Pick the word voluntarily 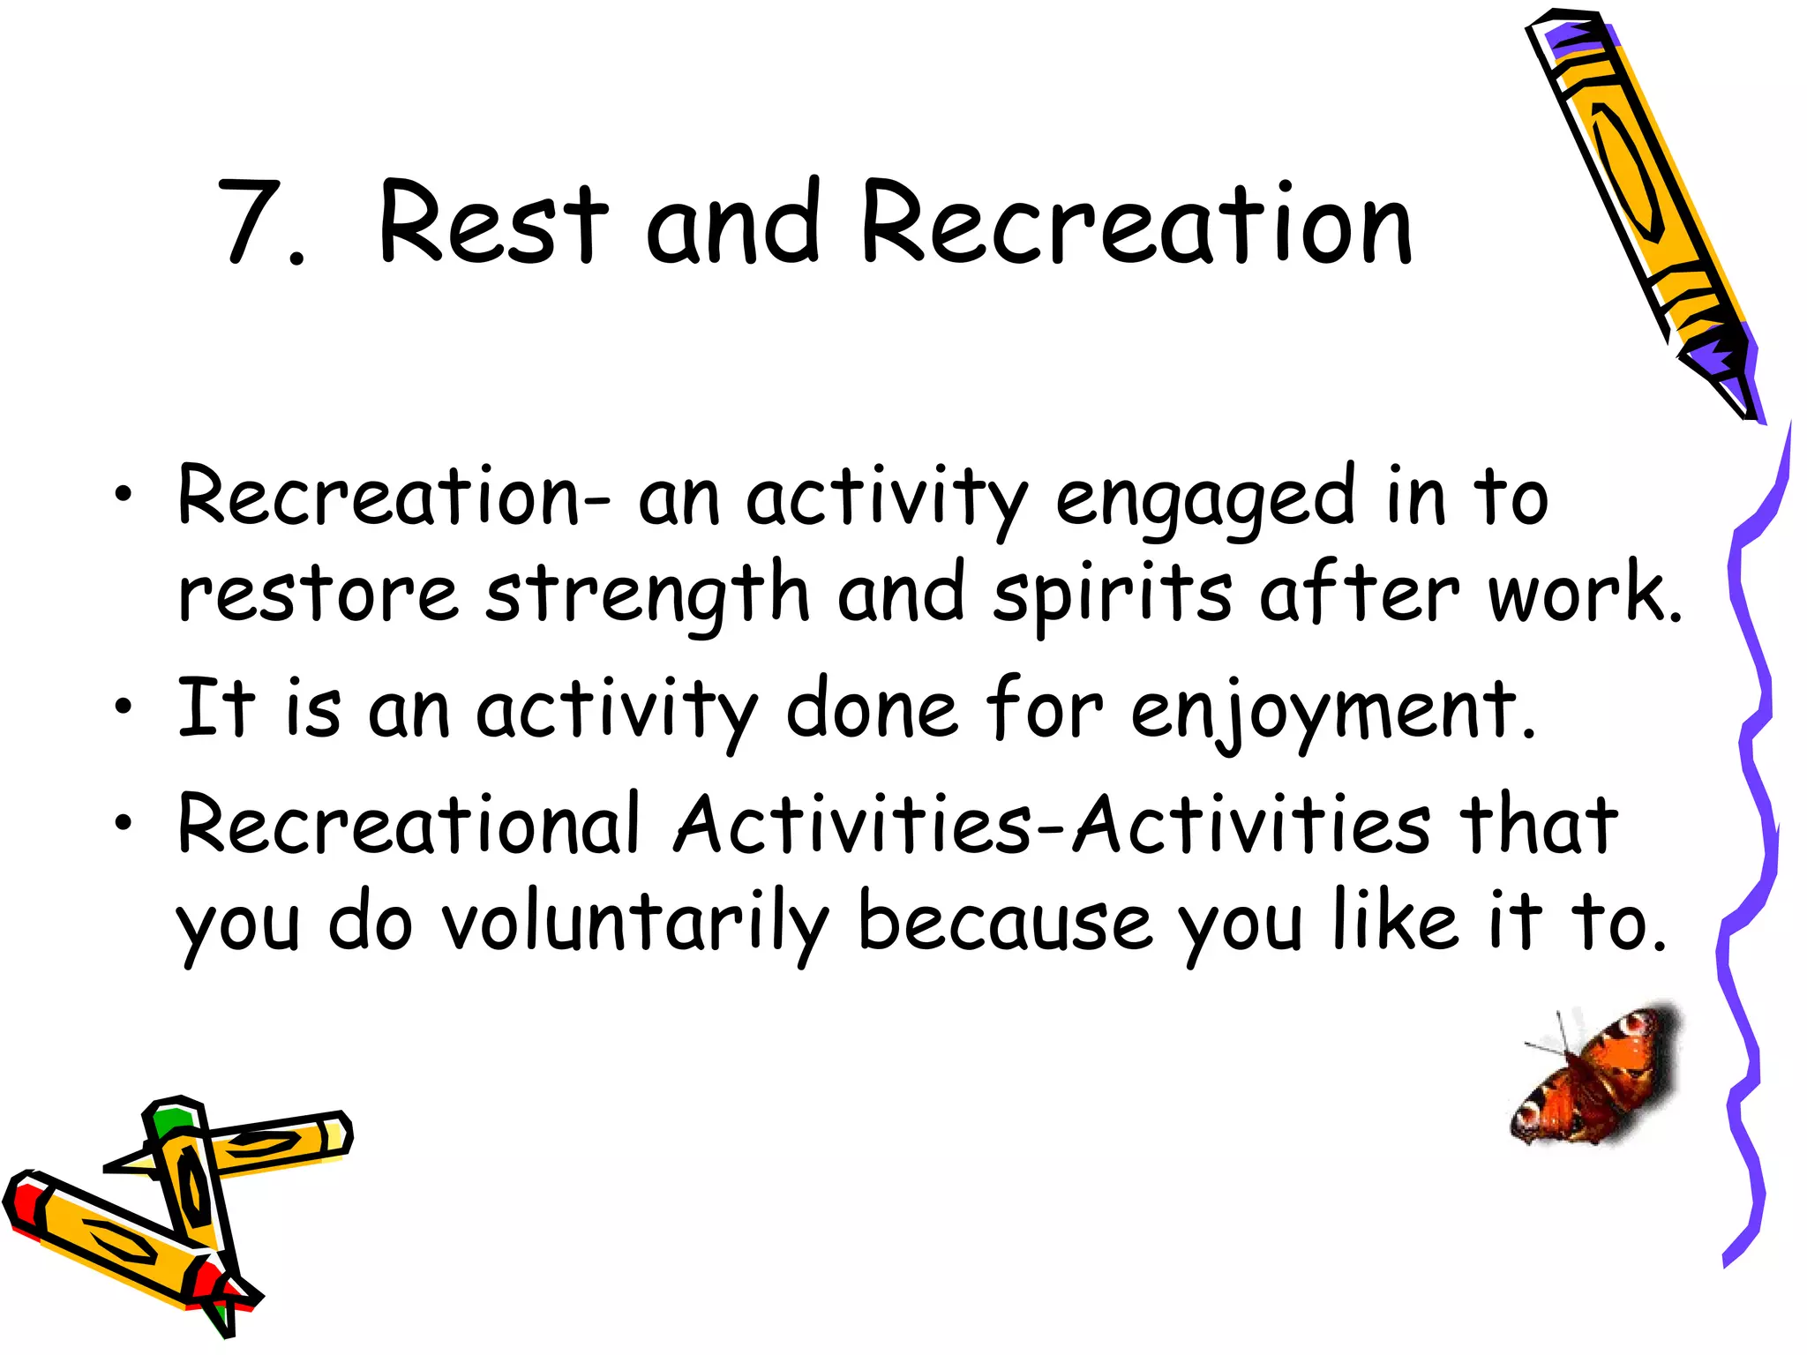pyautogui.click(x=634, y=926)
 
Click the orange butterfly pyautogui.click(x=1597, y=1081)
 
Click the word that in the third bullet pyautogui.click(x=1540, y=825)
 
